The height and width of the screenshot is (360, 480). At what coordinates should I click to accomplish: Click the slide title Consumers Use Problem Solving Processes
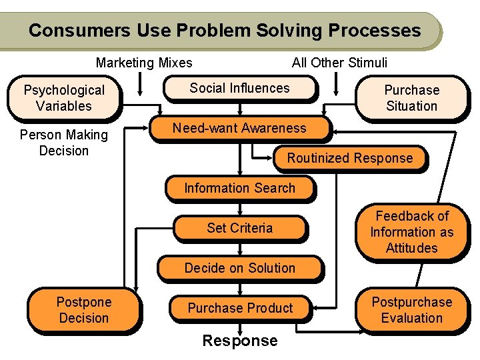225,31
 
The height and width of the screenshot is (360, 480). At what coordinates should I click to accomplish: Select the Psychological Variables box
64,98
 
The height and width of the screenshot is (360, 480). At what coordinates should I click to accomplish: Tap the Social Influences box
239,88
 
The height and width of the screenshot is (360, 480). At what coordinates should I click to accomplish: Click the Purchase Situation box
411,98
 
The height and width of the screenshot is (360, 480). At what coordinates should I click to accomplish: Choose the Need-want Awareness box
239,128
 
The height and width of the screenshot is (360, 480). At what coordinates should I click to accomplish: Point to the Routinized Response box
349,158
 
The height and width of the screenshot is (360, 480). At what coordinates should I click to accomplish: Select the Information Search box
239,188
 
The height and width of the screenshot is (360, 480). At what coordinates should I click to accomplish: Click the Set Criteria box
239,228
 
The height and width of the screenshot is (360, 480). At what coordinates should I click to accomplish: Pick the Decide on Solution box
239,268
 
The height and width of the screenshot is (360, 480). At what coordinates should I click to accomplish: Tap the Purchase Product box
240,308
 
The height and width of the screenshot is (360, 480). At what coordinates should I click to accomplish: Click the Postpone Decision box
83,310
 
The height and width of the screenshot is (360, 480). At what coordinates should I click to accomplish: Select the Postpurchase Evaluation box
411,310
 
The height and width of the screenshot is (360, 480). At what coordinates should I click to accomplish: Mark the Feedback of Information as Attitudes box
411,232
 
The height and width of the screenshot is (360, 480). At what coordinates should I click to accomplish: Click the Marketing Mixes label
144,63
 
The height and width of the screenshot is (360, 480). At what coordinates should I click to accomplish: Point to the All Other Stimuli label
339,63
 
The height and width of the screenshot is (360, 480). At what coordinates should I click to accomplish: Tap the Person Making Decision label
64,143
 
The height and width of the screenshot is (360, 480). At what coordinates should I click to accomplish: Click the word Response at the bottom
240,341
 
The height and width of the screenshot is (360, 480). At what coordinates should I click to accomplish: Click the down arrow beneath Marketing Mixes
140,83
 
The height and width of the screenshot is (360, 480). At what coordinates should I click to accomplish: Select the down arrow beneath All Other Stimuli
339,84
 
